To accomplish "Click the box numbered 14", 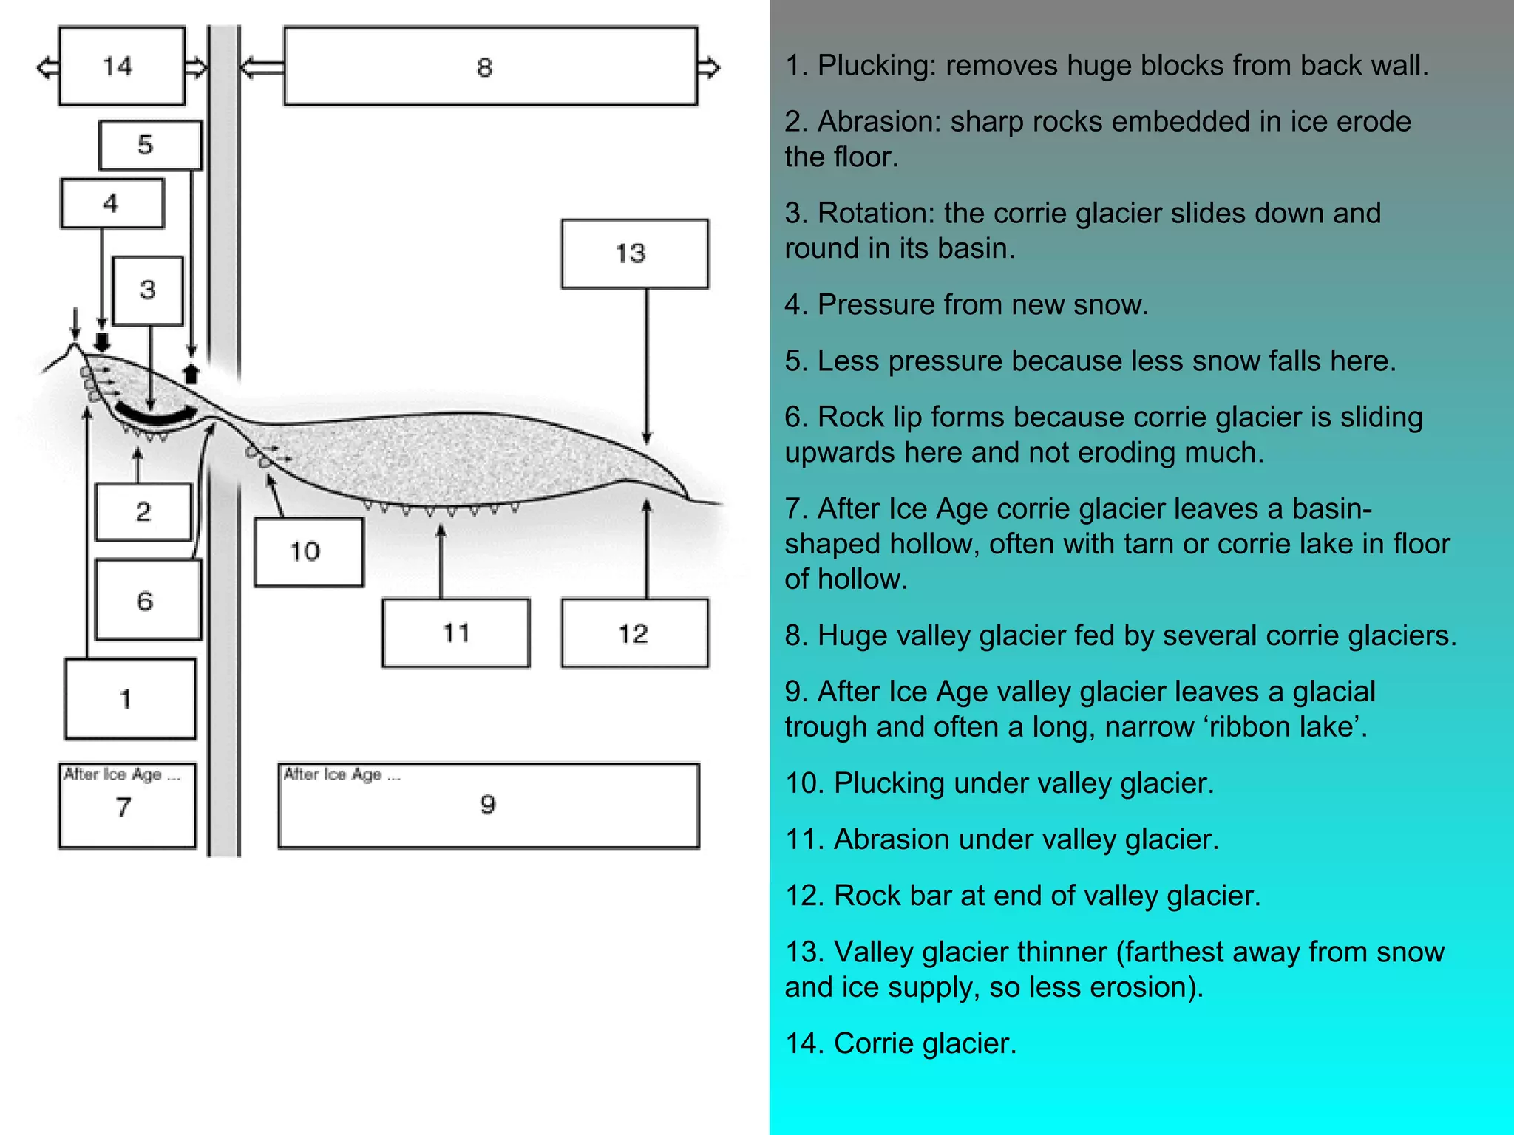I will tap(122, 66).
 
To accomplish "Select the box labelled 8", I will tap(490, 67).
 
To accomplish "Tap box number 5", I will tap(150, 145).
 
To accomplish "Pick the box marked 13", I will tap(634, 253).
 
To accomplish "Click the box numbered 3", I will tap(148, 290).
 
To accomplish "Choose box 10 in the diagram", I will tap(308, 551).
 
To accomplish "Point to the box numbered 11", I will tap(455, 633).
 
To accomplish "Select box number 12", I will tap(634, 633).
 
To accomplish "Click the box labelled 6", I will tap(148, 599).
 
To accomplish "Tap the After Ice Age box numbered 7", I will tap(127, 805).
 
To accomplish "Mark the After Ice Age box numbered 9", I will tap(488, 805).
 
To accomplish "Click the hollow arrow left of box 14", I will tap(48, 68).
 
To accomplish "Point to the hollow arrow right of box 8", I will tap(708, 68).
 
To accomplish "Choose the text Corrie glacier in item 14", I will tap(925, 1043).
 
